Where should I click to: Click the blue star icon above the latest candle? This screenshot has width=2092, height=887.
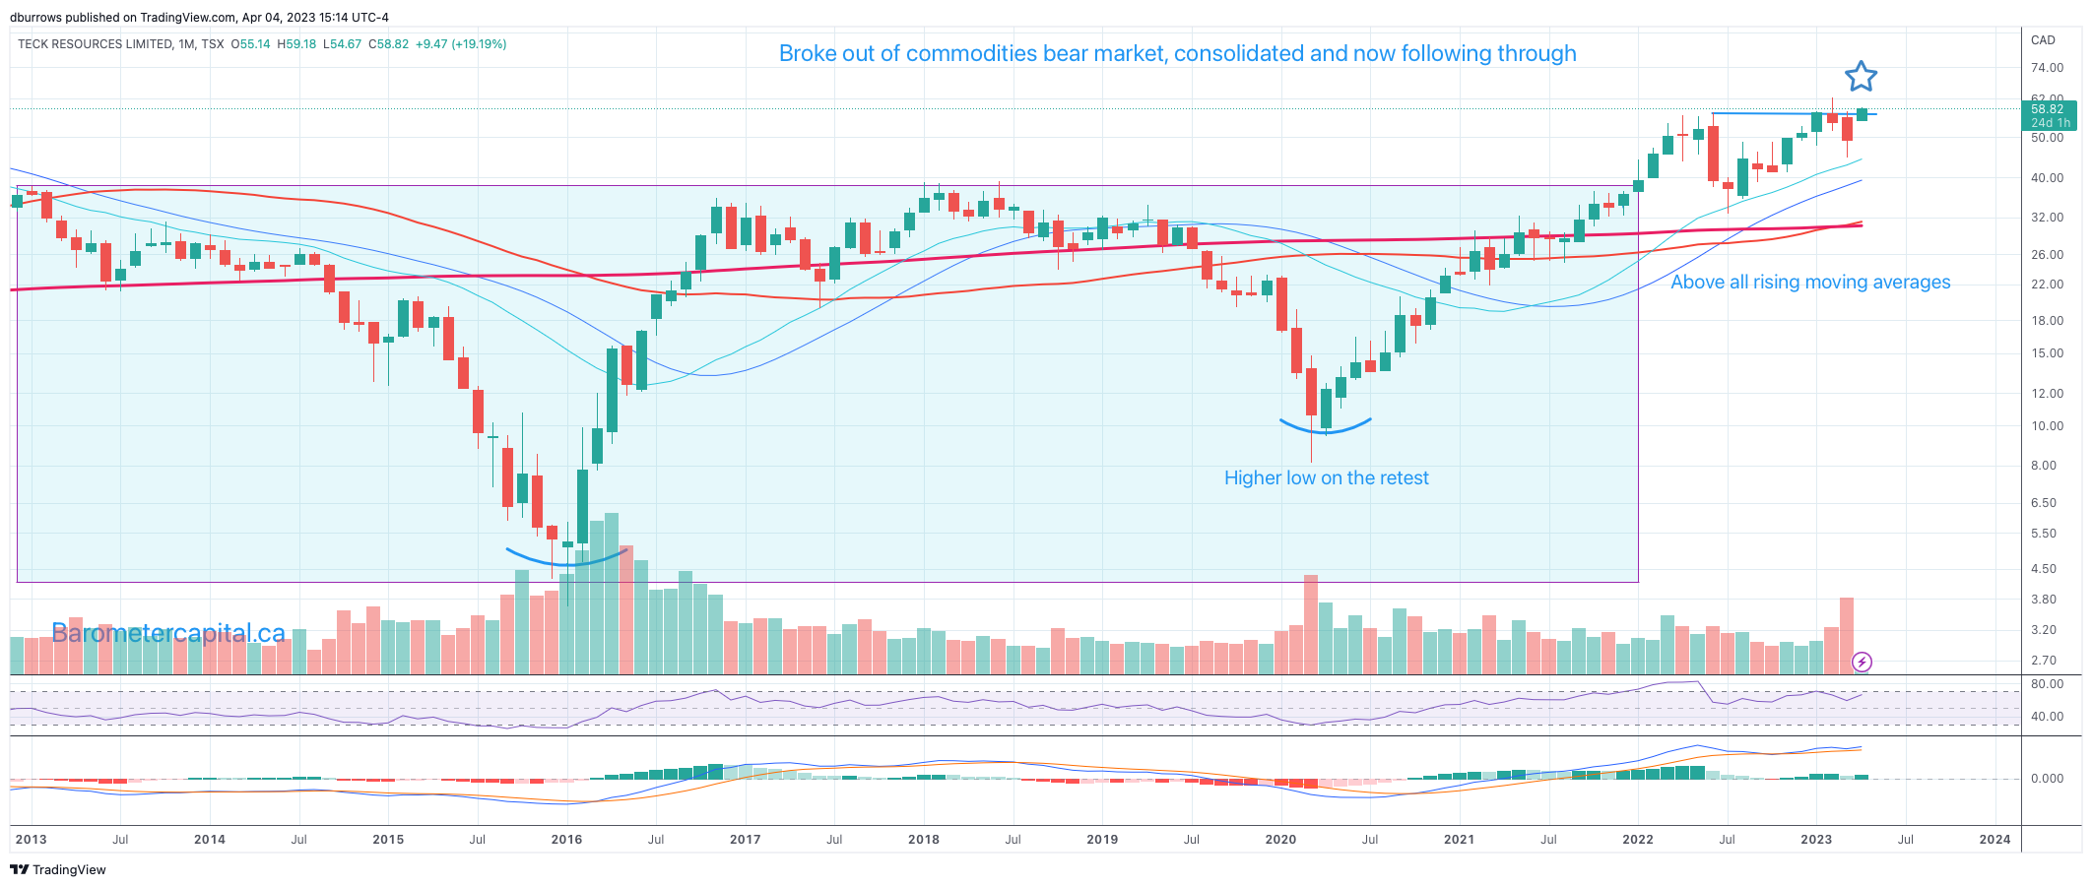point(1861,77)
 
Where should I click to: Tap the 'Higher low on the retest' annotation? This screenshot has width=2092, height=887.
point(1326,478)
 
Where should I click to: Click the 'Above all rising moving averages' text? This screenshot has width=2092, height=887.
point(1810,283)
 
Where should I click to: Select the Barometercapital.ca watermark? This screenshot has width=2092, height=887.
point(168,633)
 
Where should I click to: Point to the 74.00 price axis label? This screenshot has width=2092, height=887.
point(2047,68)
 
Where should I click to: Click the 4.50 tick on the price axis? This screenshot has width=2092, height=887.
point(2043,569)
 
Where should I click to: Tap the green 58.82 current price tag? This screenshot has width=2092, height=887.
point(2049,115)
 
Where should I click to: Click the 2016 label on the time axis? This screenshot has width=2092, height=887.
point(566,840)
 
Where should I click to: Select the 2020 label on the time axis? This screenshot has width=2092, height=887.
point(1280,840)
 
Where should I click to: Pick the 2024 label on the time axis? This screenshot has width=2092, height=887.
point(1994,840)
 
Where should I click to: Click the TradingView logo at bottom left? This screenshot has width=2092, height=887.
point(58,870)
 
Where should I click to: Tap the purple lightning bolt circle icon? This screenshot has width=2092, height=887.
point(1862,662)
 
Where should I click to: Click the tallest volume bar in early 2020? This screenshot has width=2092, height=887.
point(1310,624)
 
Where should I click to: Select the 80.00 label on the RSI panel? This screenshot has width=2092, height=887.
point(2047,684)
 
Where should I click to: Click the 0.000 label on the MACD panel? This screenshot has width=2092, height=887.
point(2047,779)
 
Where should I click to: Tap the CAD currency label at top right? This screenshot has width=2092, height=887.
point(2043,40)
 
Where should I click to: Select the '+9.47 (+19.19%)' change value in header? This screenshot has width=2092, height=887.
point(461,44)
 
